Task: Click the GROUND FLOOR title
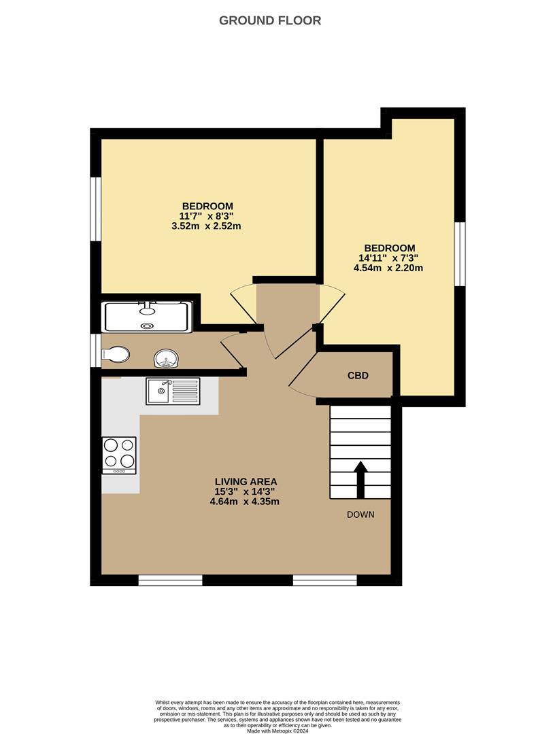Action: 270,20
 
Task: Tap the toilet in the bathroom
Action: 114,354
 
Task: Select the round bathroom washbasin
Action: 165,357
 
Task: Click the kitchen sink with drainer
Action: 173,391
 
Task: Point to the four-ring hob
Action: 118,455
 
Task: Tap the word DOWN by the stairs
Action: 360,514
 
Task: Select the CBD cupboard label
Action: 358,375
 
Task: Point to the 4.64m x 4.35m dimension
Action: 245,502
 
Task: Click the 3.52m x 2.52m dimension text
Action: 207,226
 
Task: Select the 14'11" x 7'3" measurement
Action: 388,258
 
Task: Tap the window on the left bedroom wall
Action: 96,209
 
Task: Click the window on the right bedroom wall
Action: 460,254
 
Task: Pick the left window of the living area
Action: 170,580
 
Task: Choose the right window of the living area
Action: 324,580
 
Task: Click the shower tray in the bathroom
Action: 146,317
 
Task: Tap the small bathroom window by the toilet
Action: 96,351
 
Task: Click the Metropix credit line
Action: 277,731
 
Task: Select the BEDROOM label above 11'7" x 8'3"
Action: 207,206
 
